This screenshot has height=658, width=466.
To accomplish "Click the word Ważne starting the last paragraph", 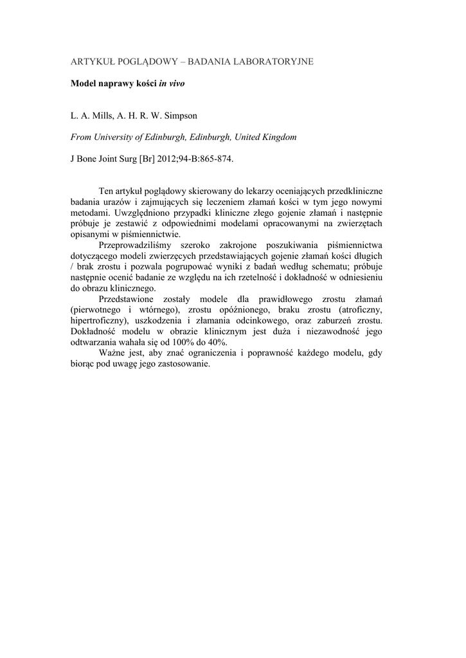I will [x=113, y=353].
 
